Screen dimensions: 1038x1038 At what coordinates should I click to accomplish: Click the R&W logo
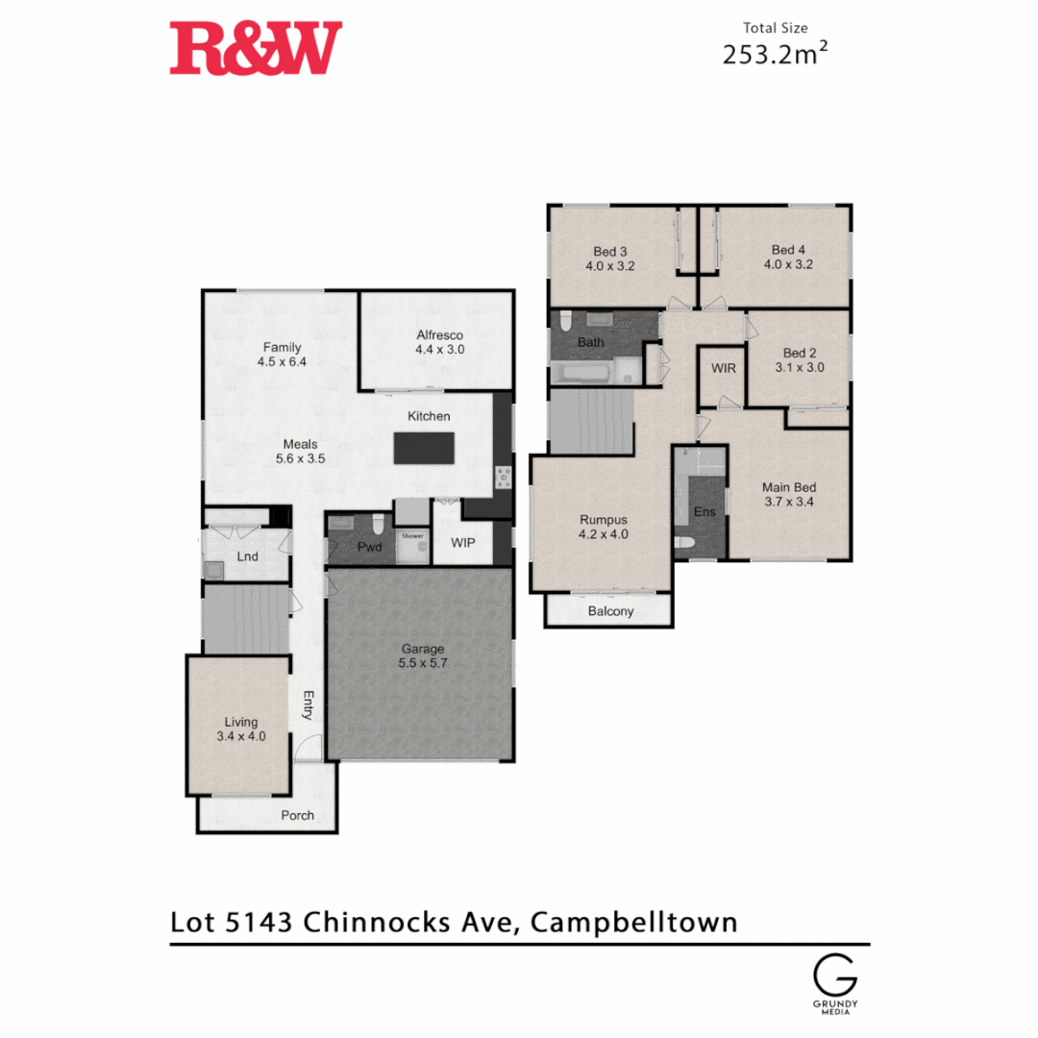click(x=256, y=48)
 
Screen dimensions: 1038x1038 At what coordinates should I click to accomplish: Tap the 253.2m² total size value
click(x=775, y=55)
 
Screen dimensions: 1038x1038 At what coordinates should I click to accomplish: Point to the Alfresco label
click(x=439, y=335)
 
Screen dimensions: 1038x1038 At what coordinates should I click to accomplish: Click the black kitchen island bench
click(x=424, y=448)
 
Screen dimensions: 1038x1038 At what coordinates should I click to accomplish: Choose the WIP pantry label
click(x=463, y=543)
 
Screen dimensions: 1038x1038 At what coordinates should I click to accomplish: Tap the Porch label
click(x=297, y=816)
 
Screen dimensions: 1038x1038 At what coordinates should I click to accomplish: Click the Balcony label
click(x=610, y=611)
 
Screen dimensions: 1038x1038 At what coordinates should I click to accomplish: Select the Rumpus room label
click(x=604, y=520)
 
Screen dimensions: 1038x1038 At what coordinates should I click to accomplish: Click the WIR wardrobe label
click(x=724, y=368)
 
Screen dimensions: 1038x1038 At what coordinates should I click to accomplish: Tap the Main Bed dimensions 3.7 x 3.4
click(x=788, y=501)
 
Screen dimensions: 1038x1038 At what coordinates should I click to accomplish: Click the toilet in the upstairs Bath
click(x=566, y=321)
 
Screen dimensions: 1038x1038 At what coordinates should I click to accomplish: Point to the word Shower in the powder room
click(x=412, y=535)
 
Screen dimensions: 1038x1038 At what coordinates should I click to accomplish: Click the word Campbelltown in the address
click(x=634, y=923)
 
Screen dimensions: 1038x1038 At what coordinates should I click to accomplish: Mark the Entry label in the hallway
click(x=309, y=704)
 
